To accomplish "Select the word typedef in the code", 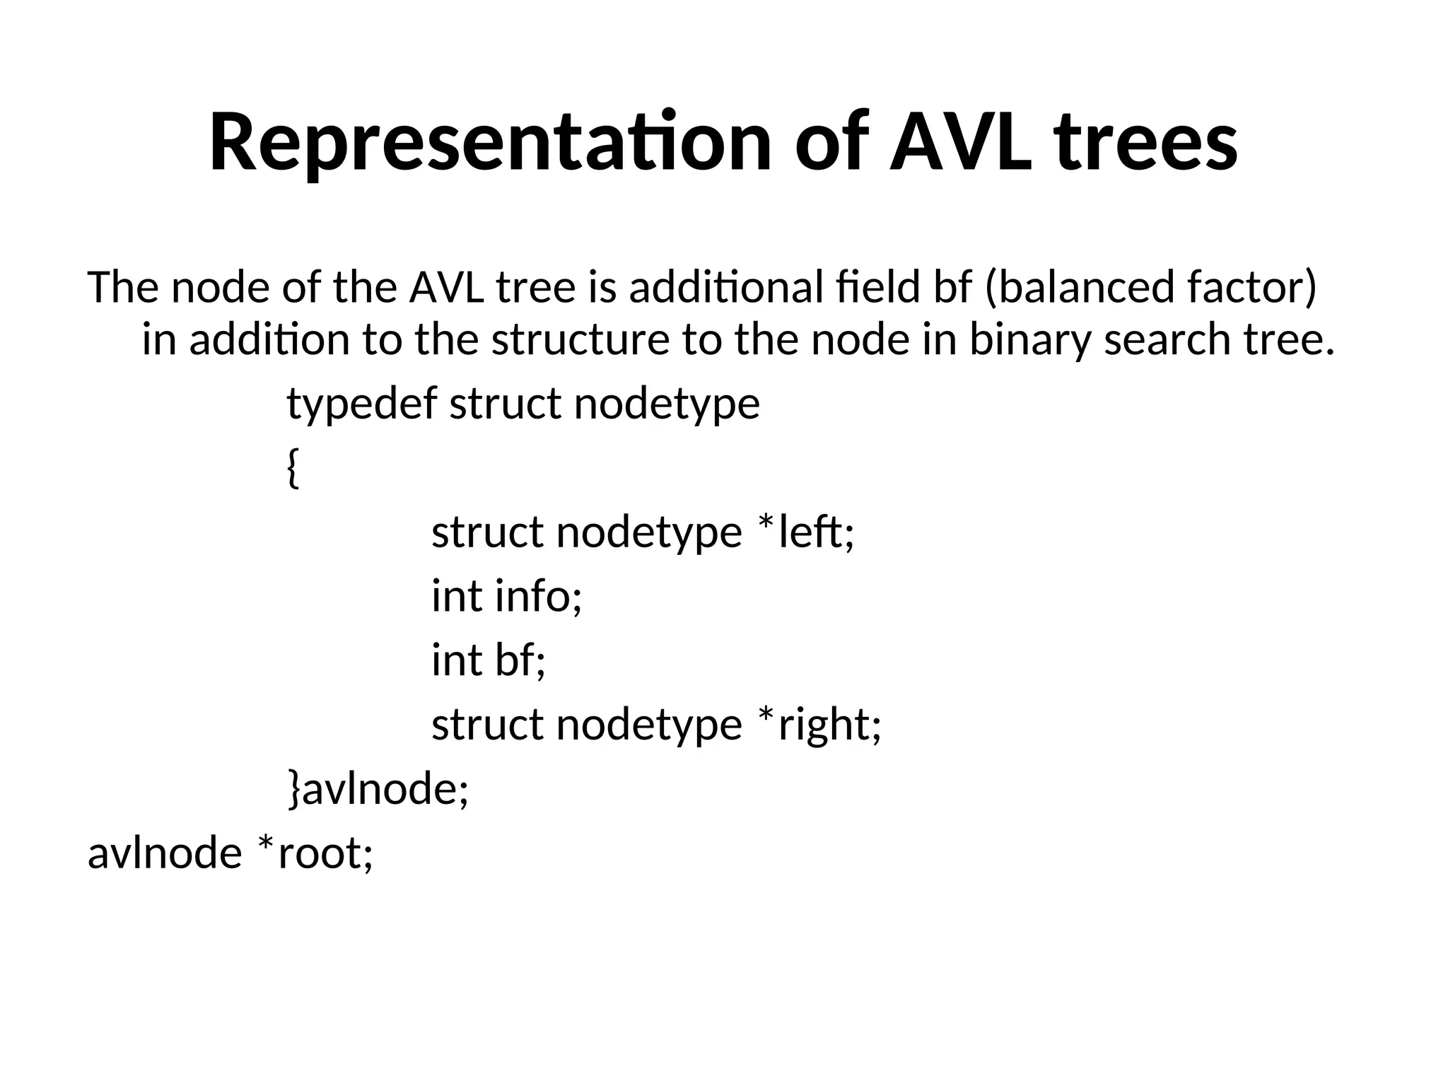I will (361, 404).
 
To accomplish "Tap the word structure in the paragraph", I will (580, 339).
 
